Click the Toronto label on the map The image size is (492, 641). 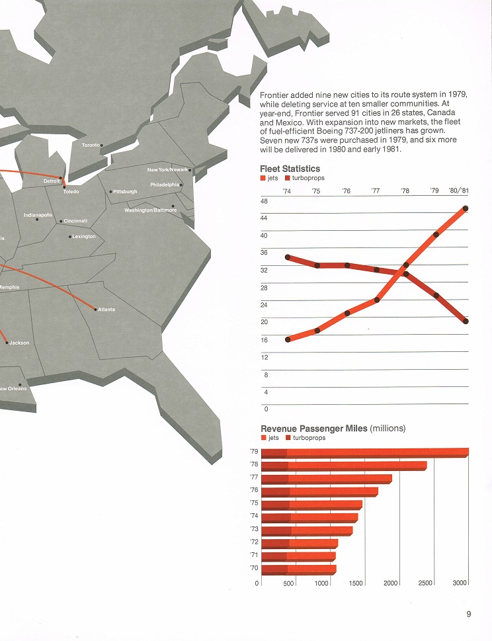click(x=91, y=145)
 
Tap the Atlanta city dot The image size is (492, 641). click(x=96, y=310)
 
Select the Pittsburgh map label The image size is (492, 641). click(x=125, y=192)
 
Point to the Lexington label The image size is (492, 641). click(x=84, y=236)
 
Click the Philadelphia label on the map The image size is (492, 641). click(x=165, y=185)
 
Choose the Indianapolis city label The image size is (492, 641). click(x=38, y=215)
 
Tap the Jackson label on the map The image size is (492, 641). click(x=19, y=343)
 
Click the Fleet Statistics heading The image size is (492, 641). click(x=290, y=169)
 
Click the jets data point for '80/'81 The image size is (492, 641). click(x=466, y=208)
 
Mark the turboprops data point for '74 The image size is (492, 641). click(x=288, y=257)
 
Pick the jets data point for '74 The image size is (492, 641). click(x=288, y=339)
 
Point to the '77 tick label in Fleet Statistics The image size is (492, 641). click(x=376, y=191)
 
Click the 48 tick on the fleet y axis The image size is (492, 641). click(x=264, y=201)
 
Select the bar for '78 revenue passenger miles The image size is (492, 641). click(x=344, y=466)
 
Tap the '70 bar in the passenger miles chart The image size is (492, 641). click(x=299, y=569)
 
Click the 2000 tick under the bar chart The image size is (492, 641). click(x=390, y=583)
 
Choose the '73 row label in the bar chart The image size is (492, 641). click(x=254, y=529)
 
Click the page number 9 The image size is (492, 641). click(x=468, y=614)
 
